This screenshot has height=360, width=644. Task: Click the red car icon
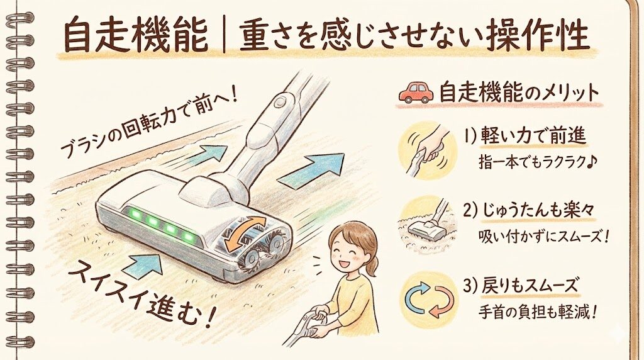coord(416,92)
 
